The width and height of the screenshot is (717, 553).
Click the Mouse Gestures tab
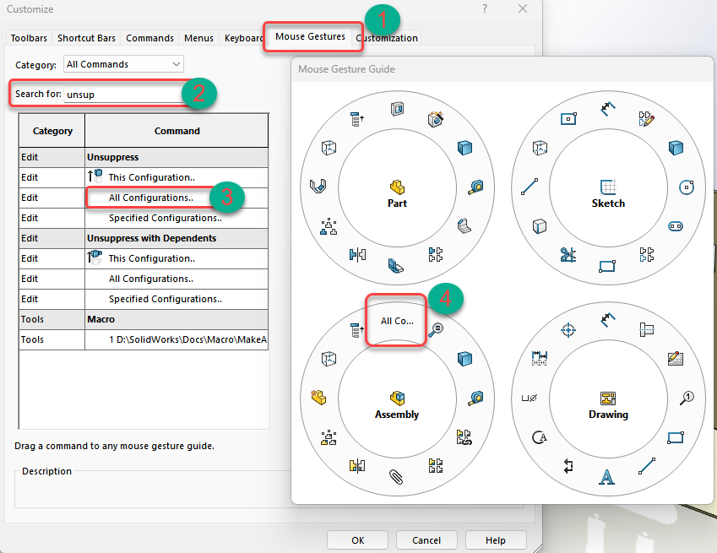click(310, 36)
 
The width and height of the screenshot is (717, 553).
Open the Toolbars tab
click(29, 38)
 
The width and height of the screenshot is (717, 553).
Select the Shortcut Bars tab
click(86, 38)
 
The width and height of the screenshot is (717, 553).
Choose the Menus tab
click(198, 38)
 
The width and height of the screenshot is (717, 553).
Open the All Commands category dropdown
click(123, 64)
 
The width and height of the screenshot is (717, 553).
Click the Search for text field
click(123, 95)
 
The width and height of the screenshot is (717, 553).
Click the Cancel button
click(426, 540)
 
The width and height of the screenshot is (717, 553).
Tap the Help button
click(496, 540)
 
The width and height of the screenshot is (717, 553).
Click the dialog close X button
click(523, 8)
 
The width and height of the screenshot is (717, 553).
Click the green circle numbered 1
click(383, 19)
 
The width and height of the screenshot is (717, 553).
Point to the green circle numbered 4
click(445, 299)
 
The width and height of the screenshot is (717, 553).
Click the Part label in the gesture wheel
click(397, 203)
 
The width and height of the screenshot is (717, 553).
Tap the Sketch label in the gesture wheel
click(608, 203)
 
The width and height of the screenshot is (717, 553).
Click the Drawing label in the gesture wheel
click(608, 414)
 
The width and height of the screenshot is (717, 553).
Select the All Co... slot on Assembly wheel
click(397, 321)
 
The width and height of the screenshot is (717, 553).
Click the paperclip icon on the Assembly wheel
click(396, 477)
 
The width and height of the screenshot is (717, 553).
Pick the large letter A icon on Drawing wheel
click(607, 477)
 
